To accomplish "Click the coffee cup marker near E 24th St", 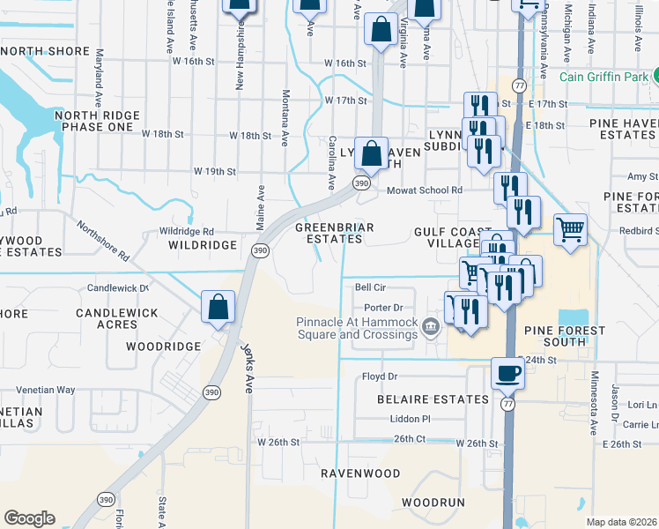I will [x=507, y=373].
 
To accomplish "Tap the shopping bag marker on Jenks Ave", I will [x=218, y=308].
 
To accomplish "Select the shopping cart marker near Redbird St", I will [x=570, y=231].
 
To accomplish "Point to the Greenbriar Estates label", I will [x=334, y=233].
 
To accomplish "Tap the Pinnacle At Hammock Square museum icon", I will [x=431, y=328].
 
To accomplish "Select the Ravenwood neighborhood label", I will [x=359, y=473].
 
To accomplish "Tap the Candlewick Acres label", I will [x=117, y=319].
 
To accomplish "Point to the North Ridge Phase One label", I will [x=97, y=122].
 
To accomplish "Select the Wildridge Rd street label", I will [x=187, y=231].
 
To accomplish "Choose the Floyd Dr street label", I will [x=380, y=376].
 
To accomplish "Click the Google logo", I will [x=29, y=518].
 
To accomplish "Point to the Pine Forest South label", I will [x=565, y=336].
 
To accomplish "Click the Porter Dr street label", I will [x=383, y=308].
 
